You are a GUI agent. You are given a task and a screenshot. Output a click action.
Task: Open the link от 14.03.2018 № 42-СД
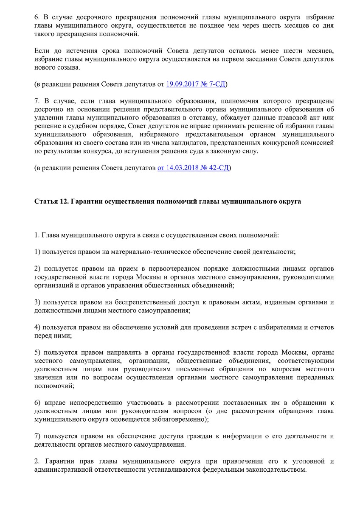tap(194, 168)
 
